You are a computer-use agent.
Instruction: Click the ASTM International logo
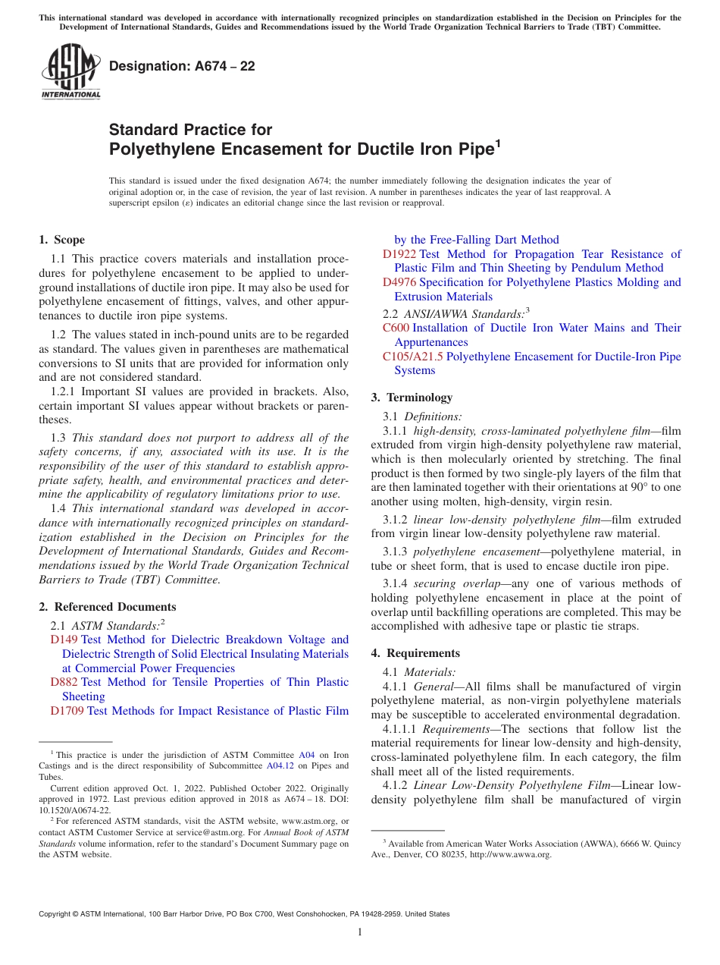(x=70, y=73)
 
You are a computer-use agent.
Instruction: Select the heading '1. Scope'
(x=61, y=240)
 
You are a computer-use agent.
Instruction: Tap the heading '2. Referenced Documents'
(x=107, y=607)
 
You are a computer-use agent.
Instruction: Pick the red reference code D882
(x=64, y=682)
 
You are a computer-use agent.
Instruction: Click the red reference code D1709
(x=67, y=711)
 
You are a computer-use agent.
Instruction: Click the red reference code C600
(x=396, y=328)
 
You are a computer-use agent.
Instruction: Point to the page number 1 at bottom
(x=360, y=932)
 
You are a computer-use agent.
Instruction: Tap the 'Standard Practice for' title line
(x=190, y=130)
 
